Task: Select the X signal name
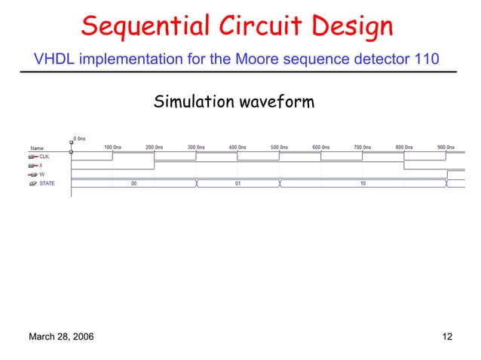point(41,165)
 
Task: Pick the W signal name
point(41,174)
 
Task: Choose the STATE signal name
point(47,183)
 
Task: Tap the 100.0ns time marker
point(113,147)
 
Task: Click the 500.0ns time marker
point(279,147)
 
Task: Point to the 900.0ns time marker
point(446,147)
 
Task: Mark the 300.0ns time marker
point(196,147)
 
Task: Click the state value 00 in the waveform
point(133,183)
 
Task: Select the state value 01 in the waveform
point(237,183)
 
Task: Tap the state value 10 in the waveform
point(363,183)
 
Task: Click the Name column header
point(37,148)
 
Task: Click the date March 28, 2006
point(61,337)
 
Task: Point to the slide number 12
point(446,337)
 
